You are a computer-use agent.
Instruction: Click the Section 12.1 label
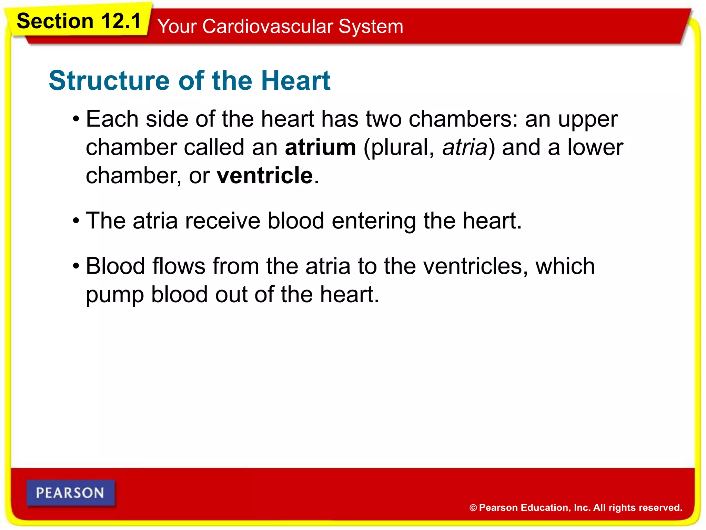click(79, 21)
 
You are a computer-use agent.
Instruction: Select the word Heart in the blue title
click(295, 81)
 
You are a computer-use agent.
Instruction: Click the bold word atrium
click(320, 147)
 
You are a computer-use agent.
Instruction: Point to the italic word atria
click(465, 147)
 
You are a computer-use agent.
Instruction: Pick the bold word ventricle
click(264, 176)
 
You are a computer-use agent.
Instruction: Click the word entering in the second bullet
click(374, 222)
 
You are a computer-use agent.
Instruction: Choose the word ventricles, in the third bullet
click(475, 267)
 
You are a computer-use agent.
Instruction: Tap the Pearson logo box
click(70, 493)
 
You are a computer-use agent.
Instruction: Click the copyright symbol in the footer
click(473, 508)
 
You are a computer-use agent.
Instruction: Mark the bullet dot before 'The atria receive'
click(76, 221)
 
